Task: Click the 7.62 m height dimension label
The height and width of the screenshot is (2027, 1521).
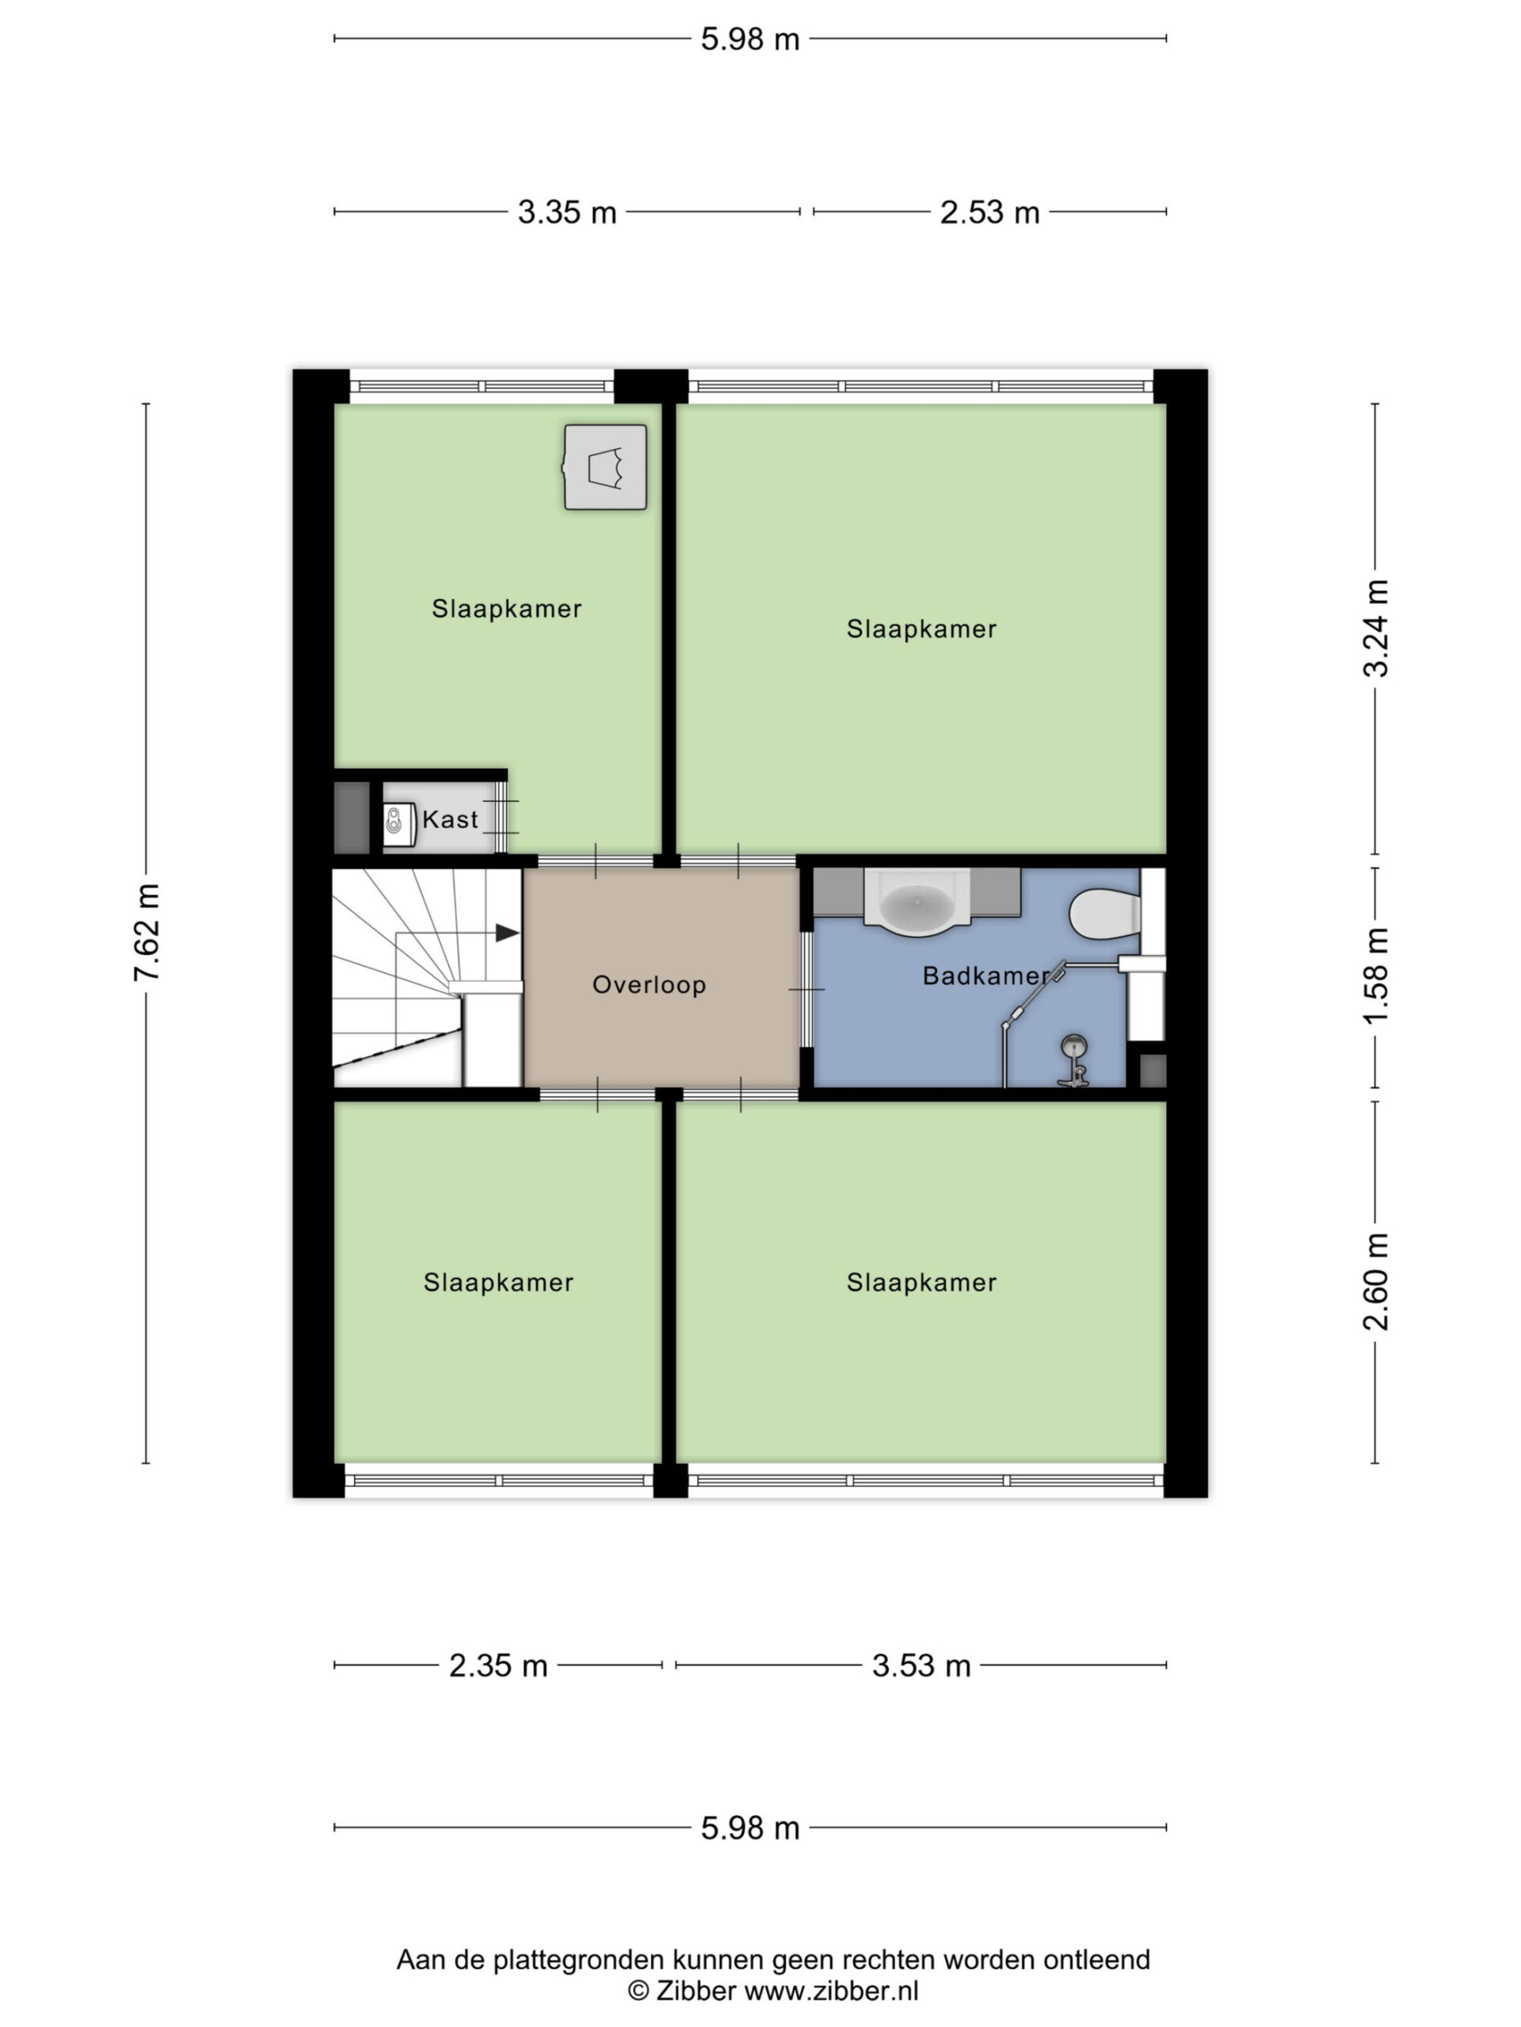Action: coord(147,933)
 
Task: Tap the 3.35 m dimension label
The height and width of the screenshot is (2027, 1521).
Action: coord(566,212)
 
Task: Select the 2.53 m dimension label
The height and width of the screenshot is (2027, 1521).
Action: coord(989,212)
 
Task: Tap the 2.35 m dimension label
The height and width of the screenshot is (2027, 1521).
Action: coord(497,1665)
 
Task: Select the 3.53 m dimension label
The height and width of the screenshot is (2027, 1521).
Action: coord(921,1665)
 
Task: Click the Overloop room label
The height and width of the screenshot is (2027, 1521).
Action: coord(649,985)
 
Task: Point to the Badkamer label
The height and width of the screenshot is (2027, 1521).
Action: coord(985,976)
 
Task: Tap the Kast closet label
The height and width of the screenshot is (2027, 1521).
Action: coord(450,820)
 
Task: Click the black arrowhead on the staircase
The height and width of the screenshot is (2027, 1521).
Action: coord(507,933)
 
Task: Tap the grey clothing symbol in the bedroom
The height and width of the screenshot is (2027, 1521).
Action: coord(605,467)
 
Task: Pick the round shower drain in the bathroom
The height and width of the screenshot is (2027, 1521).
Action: coord(1073,1044)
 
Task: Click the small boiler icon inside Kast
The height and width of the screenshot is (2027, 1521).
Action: coord(395,820)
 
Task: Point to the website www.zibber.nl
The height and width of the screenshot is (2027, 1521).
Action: coord(831,1991)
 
